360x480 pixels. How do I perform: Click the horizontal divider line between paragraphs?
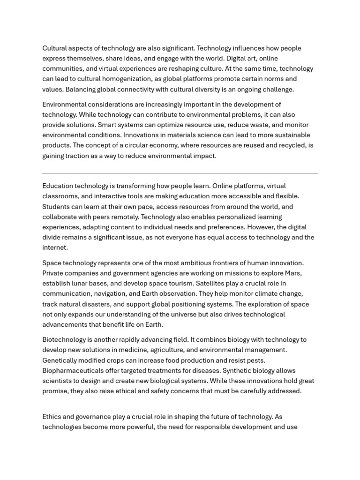point(180,173)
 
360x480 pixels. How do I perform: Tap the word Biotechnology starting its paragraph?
point(64,339)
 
